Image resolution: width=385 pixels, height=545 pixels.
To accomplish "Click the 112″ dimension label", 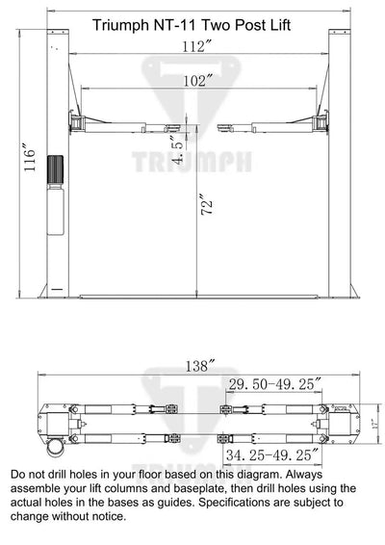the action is [196, 46].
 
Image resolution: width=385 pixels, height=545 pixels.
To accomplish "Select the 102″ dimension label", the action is [197, 81].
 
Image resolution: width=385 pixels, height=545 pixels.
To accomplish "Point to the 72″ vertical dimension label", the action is [206, 204].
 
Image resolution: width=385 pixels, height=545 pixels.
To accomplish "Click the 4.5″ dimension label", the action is [178, 148].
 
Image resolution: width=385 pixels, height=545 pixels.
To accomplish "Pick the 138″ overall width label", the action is [200, 366].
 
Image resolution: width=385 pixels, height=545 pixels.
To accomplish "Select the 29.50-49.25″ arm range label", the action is [274, 384].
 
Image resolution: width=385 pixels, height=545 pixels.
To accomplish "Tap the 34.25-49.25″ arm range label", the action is [272, 454].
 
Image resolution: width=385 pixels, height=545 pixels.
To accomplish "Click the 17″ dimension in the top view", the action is [374, 424].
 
